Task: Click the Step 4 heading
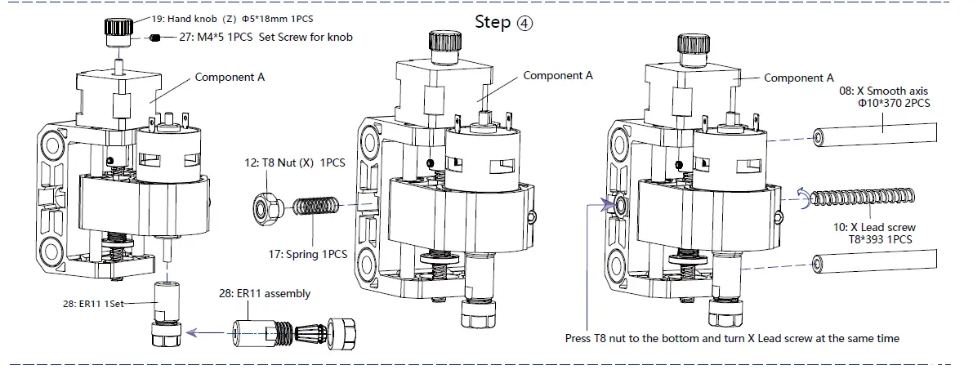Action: point(503,22)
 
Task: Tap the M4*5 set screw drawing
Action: point(155,38)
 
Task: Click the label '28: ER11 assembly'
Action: point(265,293)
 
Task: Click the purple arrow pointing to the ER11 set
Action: point(204,333)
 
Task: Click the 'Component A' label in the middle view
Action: point(558,76)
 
